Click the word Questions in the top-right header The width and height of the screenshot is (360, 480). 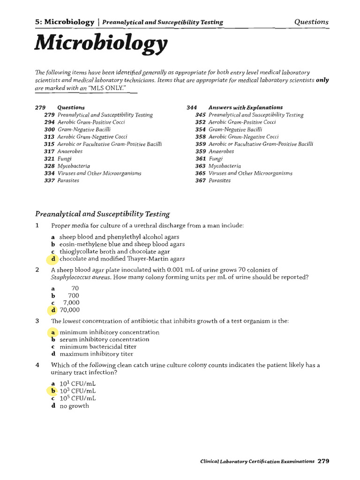(311, 22)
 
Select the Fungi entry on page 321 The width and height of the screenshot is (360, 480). (64, 159)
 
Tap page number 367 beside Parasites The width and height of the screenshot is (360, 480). (201, 180)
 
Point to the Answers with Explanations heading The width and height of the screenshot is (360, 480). (246, 107)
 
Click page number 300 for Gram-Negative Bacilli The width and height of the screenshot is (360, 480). (50, 129)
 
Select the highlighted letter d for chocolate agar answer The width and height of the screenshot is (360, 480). (54, 258)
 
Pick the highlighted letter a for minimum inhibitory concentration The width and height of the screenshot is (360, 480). (53, 332)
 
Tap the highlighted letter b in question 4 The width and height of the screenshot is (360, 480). (53, 390)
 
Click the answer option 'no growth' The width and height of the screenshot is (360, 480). (74, 406)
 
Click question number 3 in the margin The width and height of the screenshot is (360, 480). (37, 321)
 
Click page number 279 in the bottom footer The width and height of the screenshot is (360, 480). (323, 461)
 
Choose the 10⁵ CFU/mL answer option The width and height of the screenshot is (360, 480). (77, 398)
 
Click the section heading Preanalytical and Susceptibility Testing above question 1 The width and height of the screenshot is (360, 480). (103, 214)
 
